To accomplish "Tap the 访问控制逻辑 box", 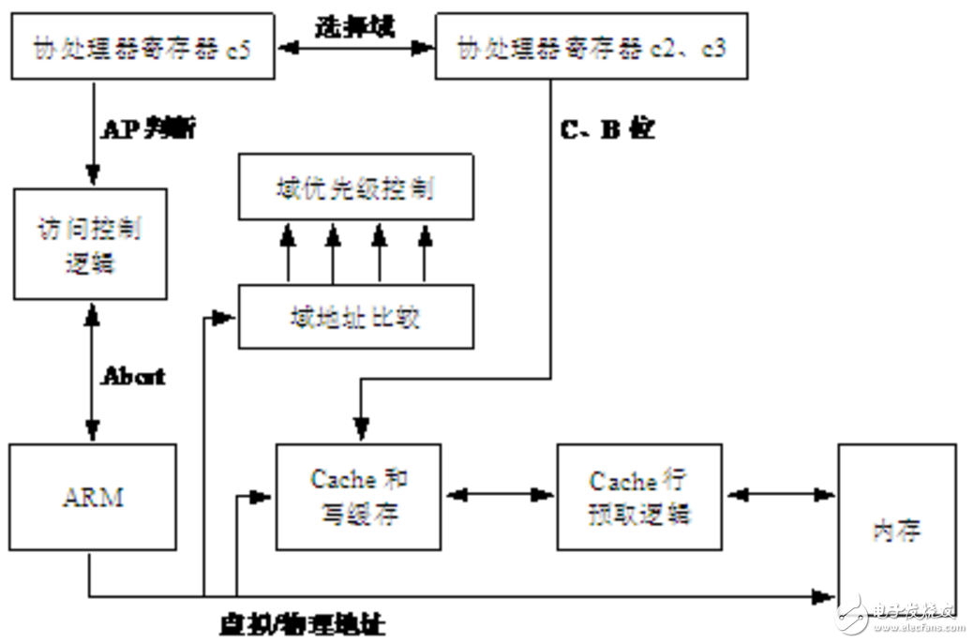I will [90, 245].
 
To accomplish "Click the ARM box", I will [93, 497].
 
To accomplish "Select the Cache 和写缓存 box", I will [359, 496].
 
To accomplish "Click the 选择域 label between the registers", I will [354, 25].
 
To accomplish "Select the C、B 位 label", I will [606, 129].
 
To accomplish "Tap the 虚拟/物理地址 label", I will [301, 623].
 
